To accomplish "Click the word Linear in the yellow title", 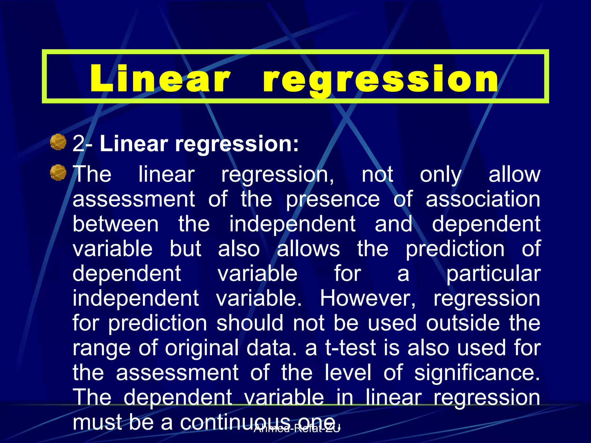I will tap(160, 78).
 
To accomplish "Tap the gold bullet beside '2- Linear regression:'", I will tap(58, 142).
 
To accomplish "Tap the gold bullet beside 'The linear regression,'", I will tap(58, 172).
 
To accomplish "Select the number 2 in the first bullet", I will tap(78, 143).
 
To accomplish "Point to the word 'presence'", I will tap(333, 200).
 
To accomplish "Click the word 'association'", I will tap(483, 199).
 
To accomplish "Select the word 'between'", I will tap(115, 224).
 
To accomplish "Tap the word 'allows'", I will tap(308, 249).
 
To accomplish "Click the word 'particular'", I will tap(493, 274).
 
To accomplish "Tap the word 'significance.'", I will tap(477, 373).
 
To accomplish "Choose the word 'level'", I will tap(348, 373).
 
